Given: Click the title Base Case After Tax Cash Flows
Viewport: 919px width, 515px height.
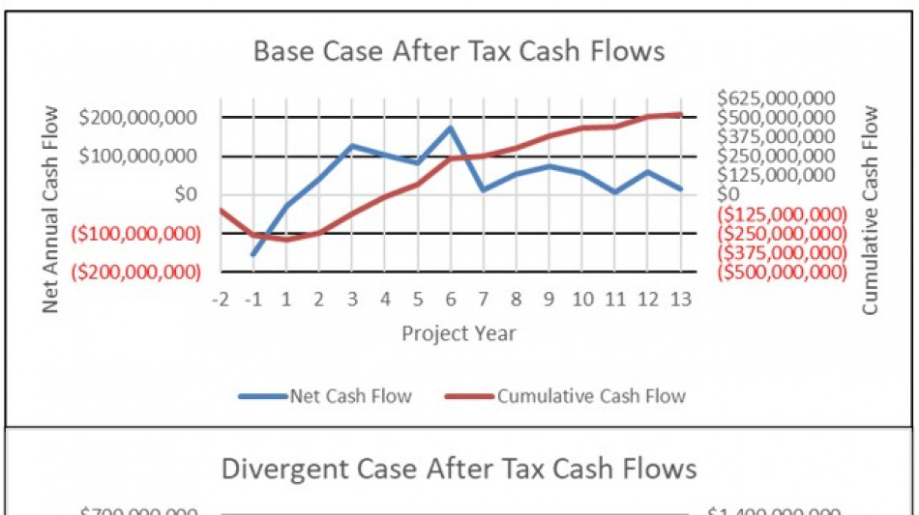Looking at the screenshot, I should [x=459, y=51].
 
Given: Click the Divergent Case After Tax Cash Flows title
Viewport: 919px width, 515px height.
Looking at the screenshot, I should [x=459, y=470].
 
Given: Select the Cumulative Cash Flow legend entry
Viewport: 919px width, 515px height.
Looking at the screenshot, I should [x=566, y=395].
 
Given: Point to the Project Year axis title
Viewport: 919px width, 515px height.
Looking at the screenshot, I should [x=459, y=333].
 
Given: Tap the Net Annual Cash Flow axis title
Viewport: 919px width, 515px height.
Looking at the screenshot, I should [x=51, y=208].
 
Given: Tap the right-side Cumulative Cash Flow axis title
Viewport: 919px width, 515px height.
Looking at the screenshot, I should [x=870, y=210].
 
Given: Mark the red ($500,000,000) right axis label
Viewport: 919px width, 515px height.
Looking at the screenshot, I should [x=782, y=272].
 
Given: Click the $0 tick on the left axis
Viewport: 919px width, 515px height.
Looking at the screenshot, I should [x=184, y=195].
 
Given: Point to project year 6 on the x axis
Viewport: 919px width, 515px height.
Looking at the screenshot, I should [x=451, y=300].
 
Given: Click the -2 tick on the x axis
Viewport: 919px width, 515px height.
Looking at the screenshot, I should [x=222, y=300].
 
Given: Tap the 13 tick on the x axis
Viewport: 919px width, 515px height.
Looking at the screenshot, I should [x=679, y=300].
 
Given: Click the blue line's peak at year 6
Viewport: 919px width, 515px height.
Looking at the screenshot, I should [x=451, y=127].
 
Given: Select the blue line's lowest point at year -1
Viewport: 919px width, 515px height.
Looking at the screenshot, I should [x=254, y=254].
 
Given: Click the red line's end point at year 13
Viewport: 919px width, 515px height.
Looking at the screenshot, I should [x=680, y=114].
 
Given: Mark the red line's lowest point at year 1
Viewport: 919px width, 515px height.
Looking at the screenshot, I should [x=286, y=239].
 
